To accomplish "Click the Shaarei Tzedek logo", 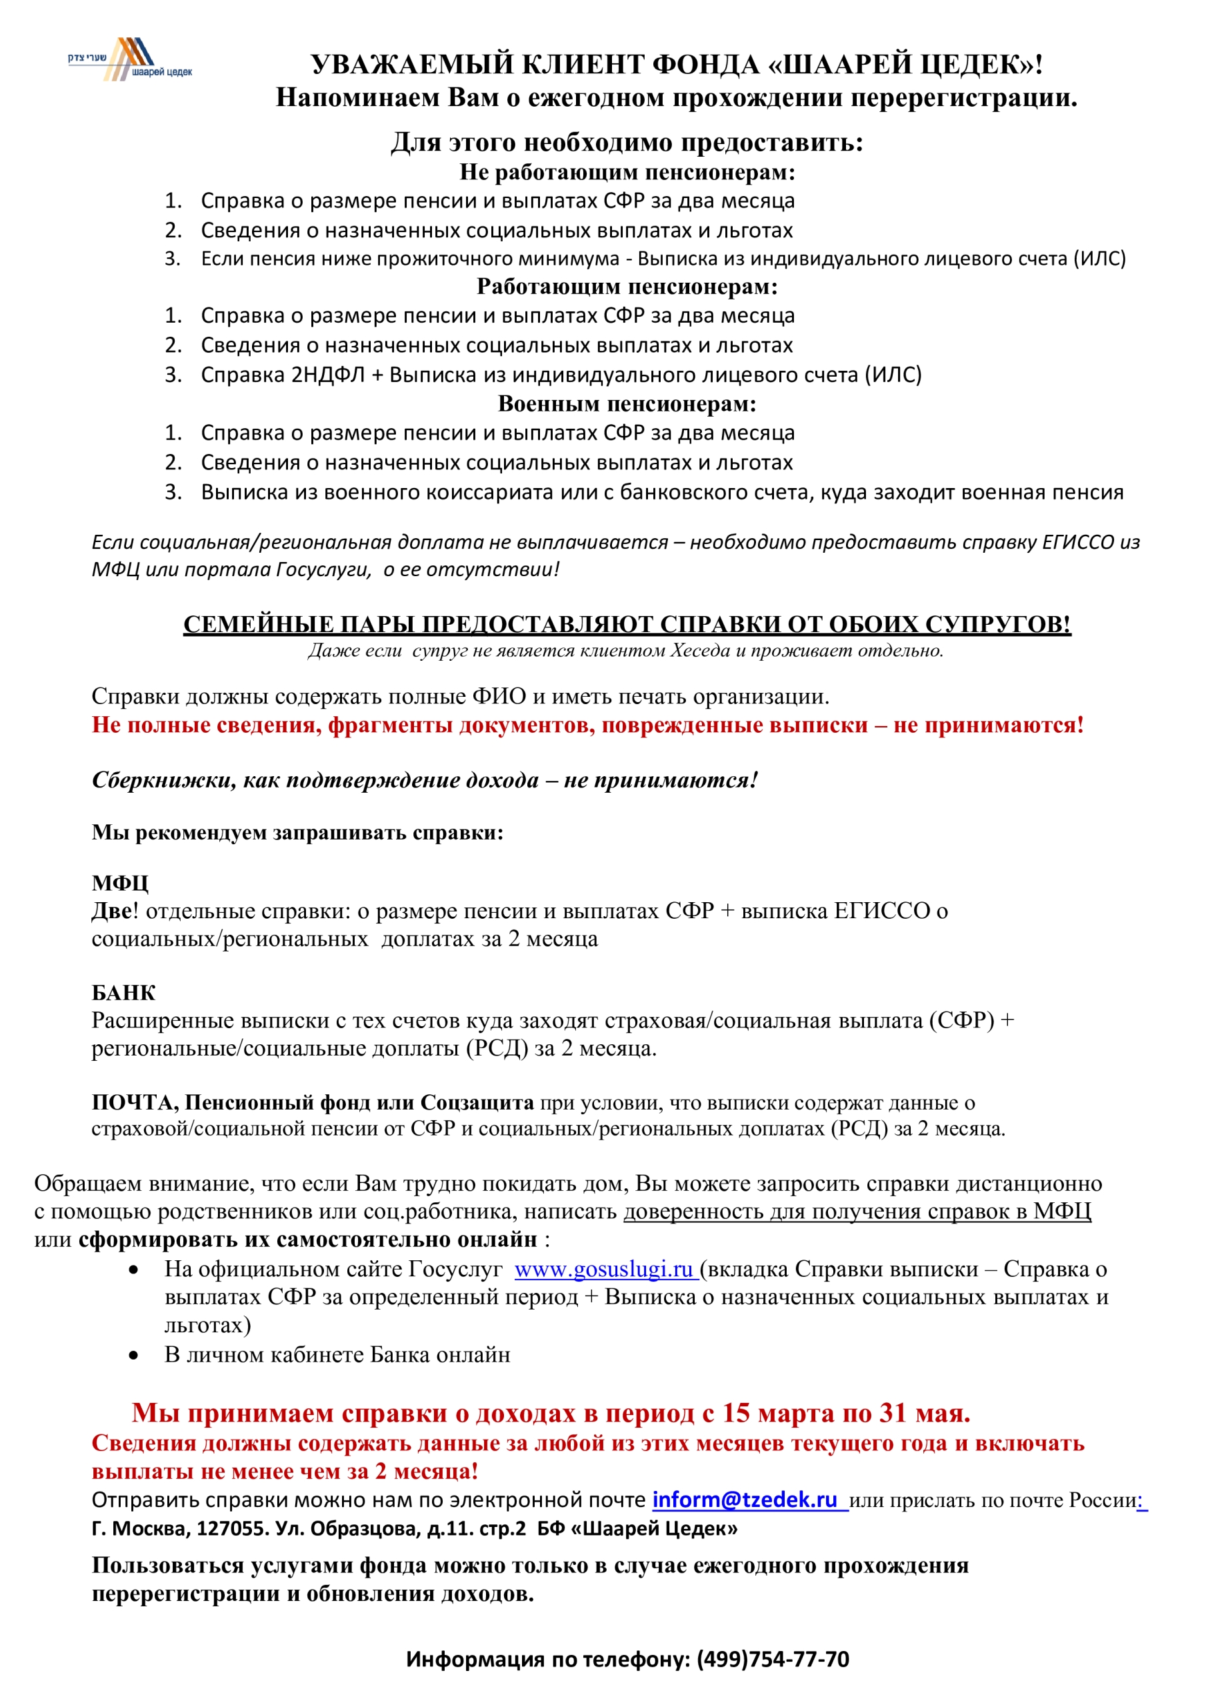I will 130,59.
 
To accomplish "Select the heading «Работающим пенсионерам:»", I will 627,286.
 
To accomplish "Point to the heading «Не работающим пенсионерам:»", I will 627,172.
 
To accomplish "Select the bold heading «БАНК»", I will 123,993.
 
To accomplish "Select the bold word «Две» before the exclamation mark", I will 111,911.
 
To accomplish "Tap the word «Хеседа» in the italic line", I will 699,651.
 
